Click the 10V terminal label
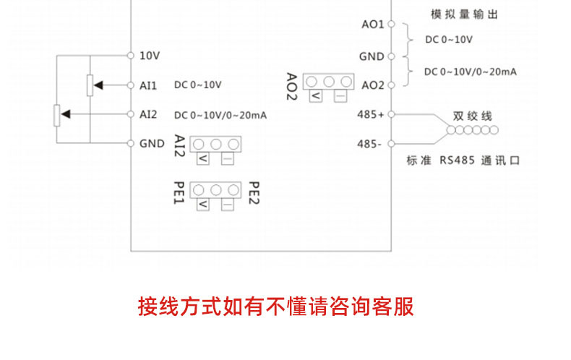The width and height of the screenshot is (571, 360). pyautogui.click(x=149, y=55)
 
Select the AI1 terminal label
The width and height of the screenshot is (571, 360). pyautogui.click(x=148, y=85)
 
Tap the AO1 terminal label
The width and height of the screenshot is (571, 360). pyautogui.click(x=372, y=24)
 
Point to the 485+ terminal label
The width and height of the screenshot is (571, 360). pyautogui.click(x=371, y=114)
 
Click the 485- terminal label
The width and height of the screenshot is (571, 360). pyautogui.click(x=369, y=143)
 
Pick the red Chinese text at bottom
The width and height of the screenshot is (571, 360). pyautogui.click(x=276, y=306)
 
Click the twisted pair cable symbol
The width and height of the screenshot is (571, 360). pyautogui.click(x=471, y=130)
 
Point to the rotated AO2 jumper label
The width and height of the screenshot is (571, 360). pyautogui.click(x=292, y=87)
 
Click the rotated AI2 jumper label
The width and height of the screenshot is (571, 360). pyautogui.click(x=180, y=146)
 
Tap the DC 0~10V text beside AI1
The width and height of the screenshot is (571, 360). pyautogui.click(x=197, y=85)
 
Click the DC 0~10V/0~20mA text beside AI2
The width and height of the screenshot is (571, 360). pyautogui.click(x=220, y=115)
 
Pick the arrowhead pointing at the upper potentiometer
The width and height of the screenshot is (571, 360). pyautogui.click(x=99, y=85)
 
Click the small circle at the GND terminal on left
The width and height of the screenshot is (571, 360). pyautogui.click(x=130, y=143)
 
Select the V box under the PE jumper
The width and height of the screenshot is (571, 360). pyautogui.click(x=203, y=205)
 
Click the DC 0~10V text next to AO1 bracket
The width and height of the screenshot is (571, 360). pyautogui.click(x=448, y=39)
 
